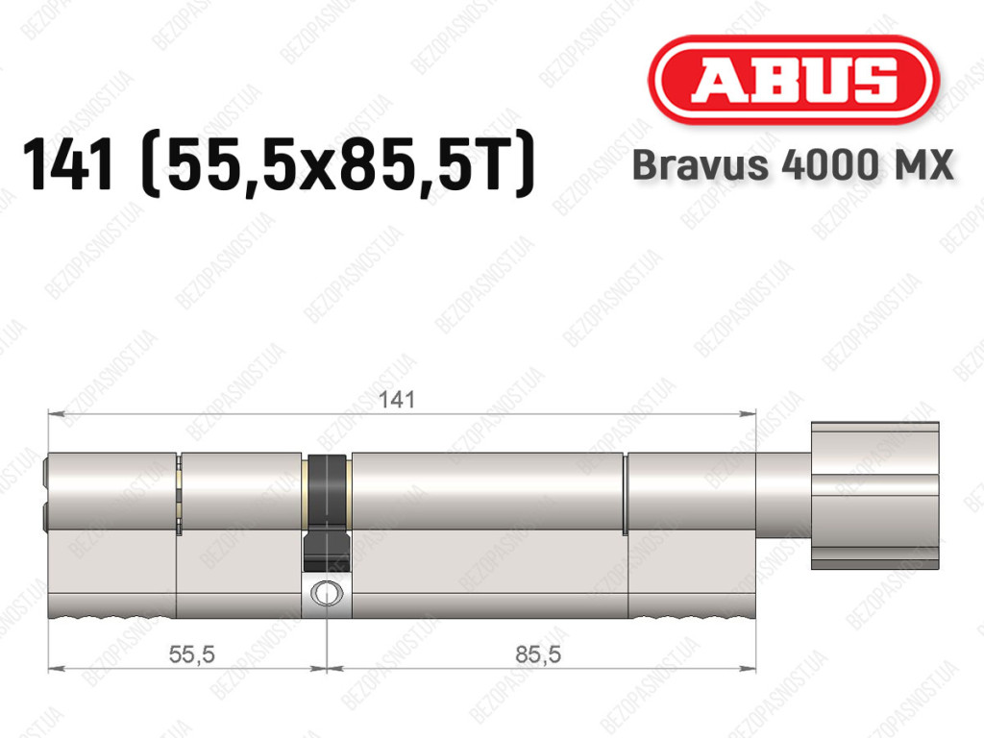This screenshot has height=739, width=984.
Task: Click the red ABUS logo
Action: click(x=793, y=80)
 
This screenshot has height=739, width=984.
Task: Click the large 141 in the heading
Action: click(x=68, y=165)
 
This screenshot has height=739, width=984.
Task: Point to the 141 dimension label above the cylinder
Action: click(x=397, y=400)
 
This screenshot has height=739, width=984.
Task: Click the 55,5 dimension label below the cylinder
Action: click(x=192, y=655)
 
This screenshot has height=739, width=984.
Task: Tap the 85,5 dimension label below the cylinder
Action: click(x=538, y=655)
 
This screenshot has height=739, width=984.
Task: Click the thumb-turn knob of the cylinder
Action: click(x=874, y=496)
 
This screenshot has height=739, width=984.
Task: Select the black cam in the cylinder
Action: click(x=326, y=512)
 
